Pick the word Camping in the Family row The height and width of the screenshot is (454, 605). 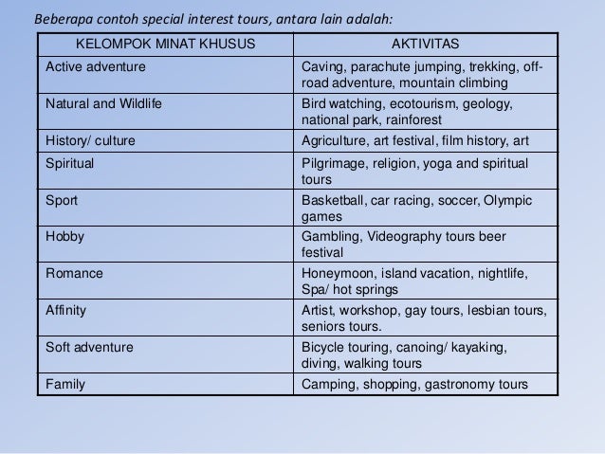329,384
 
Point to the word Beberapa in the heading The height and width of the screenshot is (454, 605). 63,18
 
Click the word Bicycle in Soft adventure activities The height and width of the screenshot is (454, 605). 323,347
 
